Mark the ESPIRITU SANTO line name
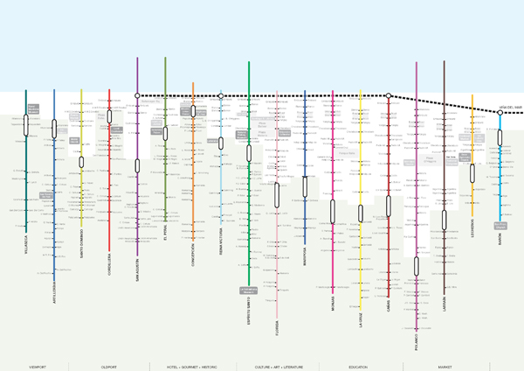[250, 309]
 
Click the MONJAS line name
[334, 303]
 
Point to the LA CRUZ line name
[362, 317]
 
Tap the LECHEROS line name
[473, 228]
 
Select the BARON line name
[501, 236]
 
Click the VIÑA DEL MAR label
[511, 108]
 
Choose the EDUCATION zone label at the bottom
[358, 367]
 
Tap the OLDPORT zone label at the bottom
[109, 367]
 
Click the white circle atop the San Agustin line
[138, 95]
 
